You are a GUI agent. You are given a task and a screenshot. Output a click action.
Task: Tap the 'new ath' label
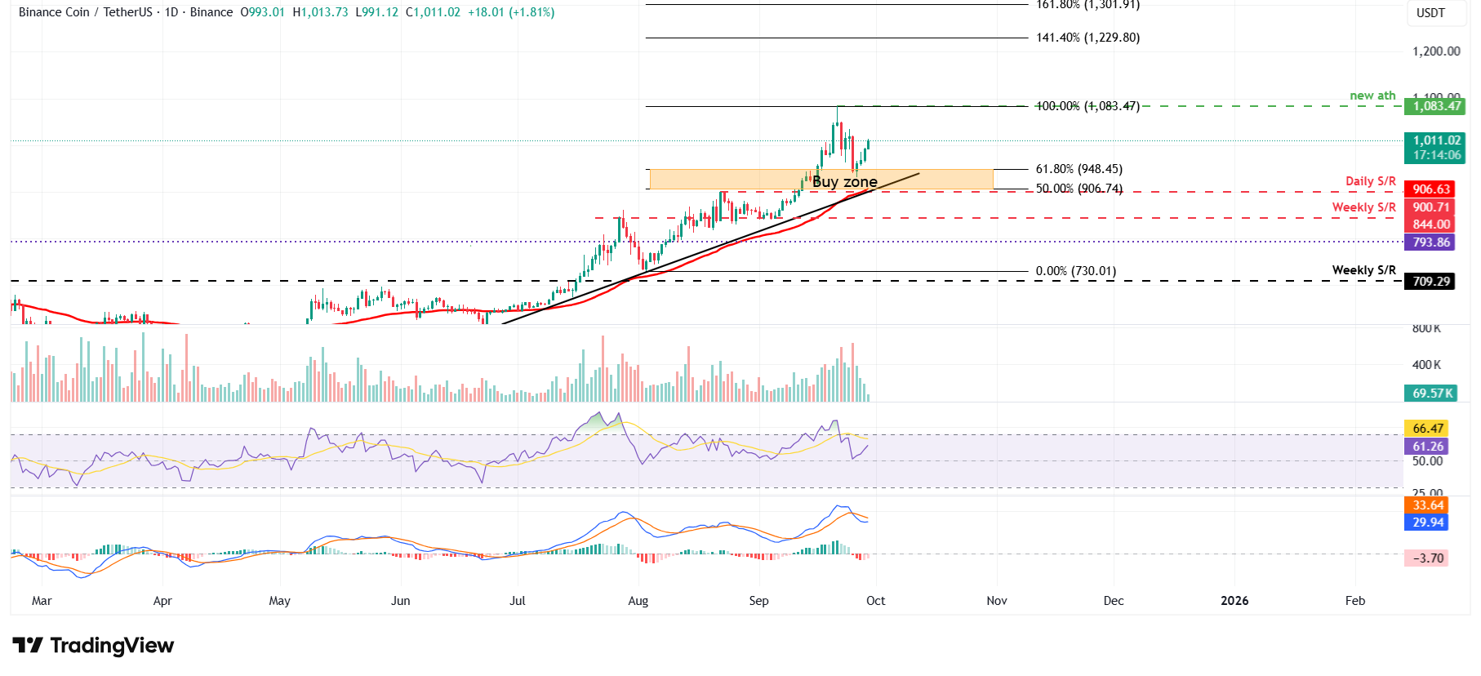[1372, 96]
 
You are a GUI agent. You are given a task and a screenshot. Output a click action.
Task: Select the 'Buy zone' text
[845, 181]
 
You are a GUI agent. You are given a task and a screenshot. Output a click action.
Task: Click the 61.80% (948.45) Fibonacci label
[1079, 169]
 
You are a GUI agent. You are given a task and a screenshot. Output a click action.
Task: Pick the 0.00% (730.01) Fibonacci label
[1075, 271]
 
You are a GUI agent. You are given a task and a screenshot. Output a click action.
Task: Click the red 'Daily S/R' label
[1370, 181]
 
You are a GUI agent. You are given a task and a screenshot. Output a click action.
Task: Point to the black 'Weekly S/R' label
[1363, 270]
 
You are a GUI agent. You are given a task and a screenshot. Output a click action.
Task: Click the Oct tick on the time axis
[875, 601]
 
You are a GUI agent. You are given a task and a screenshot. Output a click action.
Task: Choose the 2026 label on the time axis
[1234, 601]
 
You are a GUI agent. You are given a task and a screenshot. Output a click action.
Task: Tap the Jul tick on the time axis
[517, 601]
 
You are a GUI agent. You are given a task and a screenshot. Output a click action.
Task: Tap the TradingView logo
[93, 646]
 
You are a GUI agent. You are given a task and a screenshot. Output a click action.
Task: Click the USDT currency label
[1430, 13]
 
